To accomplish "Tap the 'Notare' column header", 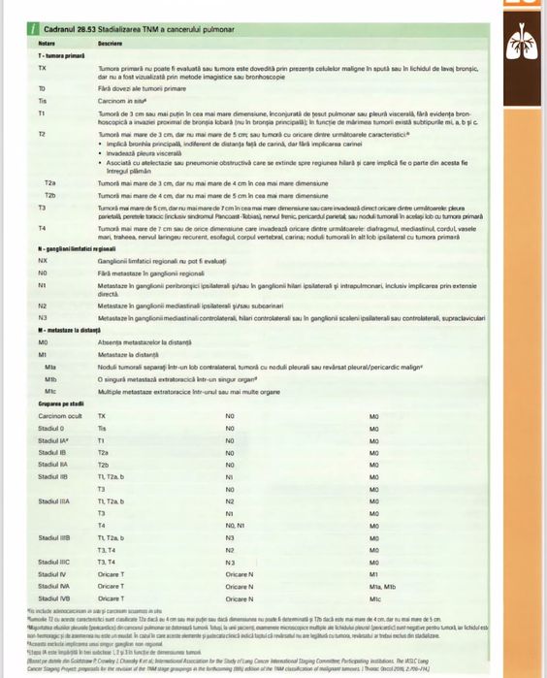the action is coord(46,45).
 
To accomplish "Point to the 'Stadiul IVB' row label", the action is coord(53,597).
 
